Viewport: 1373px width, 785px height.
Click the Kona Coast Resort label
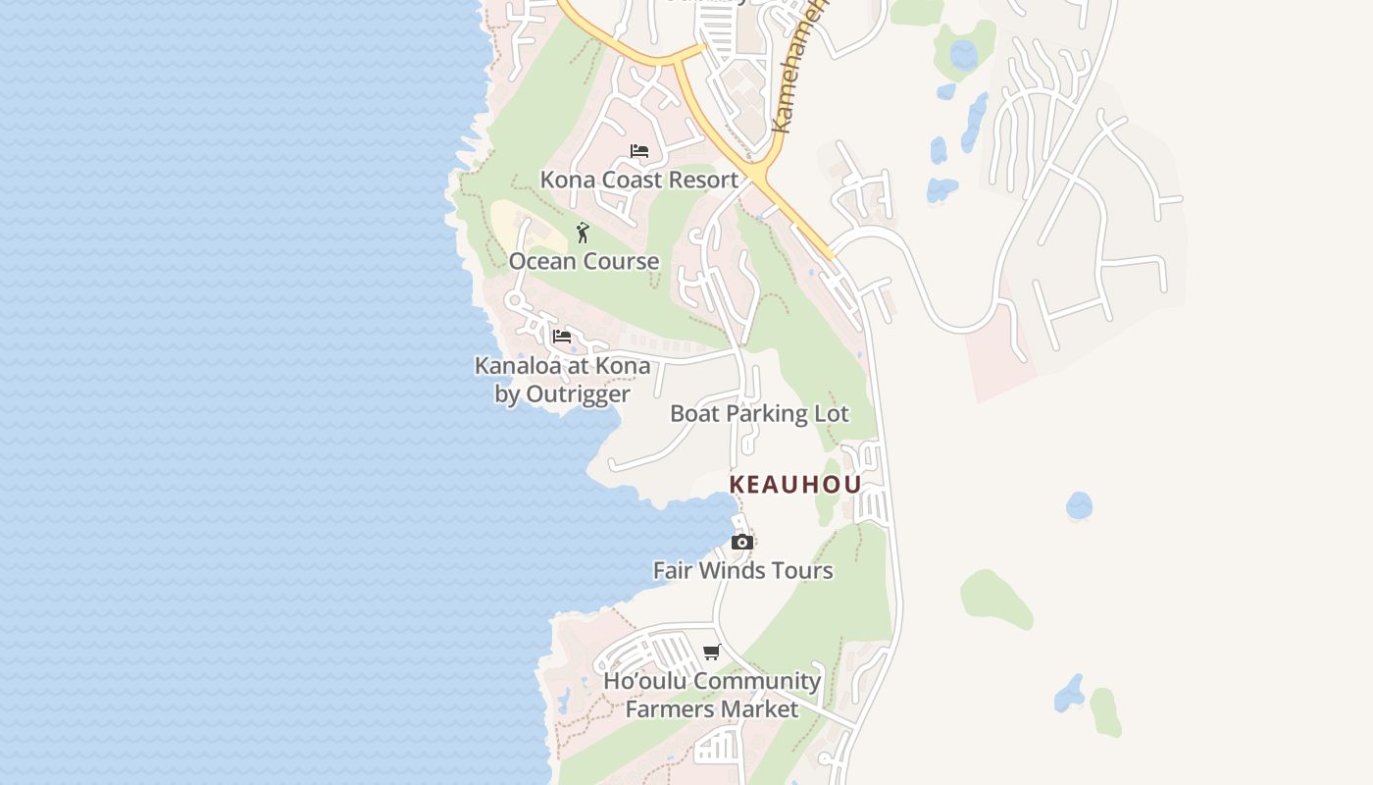[x=638, y=180]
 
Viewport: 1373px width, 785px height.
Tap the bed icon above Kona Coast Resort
[x=639, y=151]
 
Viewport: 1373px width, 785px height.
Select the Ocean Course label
[x=584, y=261]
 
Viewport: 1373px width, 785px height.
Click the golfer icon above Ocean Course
[x=583, y=233]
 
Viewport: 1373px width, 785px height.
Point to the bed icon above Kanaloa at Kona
[x=562, y=337]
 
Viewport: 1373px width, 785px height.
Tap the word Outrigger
[x=578, y=394]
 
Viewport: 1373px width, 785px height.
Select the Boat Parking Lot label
[x=759, y=413]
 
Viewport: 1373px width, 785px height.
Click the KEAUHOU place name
[x=795, y=485]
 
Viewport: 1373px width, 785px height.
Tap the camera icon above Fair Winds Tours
[x=742, y=543]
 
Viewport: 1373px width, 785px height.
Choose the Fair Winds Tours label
[x=742, y=570]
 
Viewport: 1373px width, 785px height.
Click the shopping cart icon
[x=712, y=653]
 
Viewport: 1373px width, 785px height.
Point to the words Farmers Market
[x=712, y=708]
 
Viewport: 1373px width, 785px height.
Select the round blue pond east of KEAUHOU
[x=1079, y=505]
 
